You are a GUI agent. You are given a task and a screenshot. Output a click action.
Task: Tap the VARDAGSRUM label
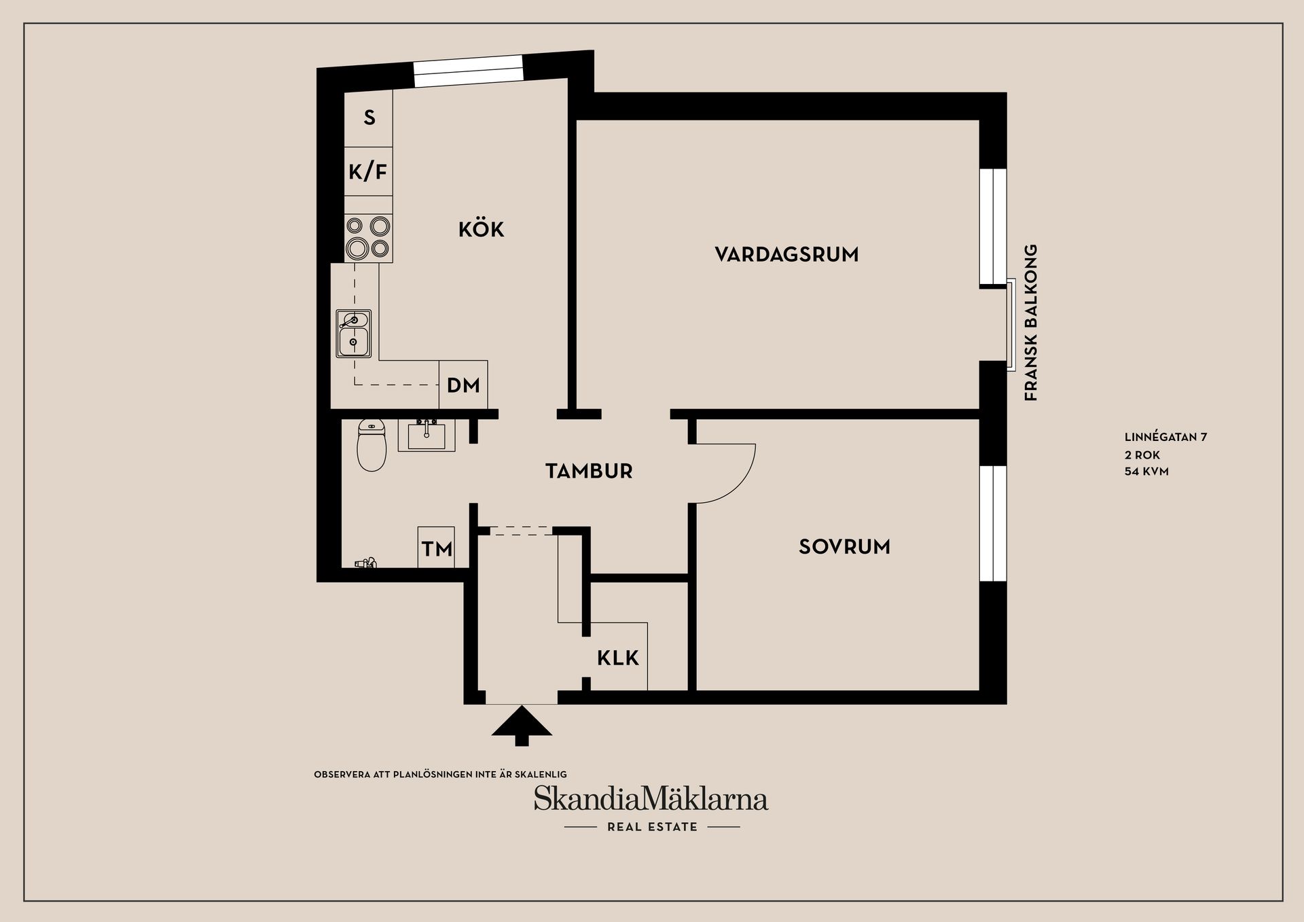[x=786, y=255]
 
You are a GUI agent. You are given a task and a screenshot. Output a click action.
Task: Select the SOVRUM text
[x=844, y=547]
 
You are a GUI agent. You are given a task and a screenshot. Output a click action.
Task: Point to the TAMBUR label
[x=589, y=471]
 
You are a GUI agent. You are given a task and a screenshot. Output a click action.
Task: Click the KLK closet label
[x=618, y=658]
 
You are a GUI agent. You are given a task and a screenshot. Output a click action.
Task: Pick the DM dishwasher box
[x=463, y=385]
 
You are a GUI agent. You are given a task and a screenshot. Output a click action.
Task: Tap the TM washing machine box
[x=436, y=548]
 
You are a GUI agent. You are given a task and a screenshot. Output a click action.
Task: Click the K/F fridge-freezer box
[x=368, y=171]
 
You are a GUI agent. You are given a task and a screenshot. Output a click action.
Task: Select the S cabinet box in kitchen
[x=368, y=118]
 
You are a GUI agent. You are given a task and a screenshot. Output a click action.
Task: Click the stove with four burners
[x=368, y=238]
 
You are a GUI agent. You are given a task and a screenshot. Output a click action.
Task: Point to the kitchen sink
[x=353, y=334]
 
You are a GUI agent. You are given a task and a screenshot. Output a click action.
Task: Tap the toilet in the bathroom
[x=371, y=444]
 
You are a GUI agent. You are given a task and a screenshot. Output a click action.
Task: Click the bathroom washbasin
[x=427, y=436]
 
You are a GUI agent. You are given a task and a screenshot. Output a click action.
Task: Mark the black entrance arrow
[x=522, y=726]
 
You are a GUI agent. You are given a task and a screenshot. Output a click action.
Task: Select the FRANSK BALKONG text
[x=1031, y=323]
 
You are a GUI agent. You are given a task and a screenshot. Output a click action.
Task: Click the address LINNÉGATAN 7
[x=1165, y=438]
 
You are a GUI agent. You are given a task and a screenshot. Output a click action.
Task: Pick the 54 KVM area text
[x=1146, y=471]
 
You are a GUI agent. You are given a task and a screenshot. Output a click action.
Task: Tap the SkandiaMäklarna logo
[x=651, y=799]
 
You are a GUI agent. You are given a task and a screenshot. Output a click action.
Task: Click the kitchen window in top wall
[x=469, y=71]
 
